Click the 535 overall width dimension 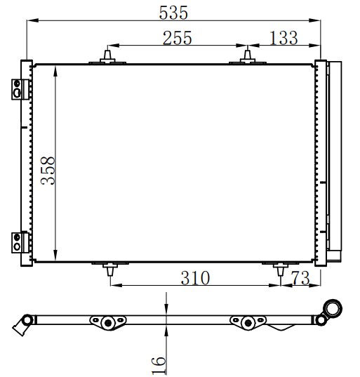click(x=173, y=13)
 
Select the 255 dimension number click(x=178, y=38)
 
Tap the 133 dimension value click(x=284, y=38)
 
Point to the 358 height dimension click(x=48, y=171)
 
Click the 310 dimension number click(x=195, y=278)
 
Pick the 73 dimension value click(x=300, y=278)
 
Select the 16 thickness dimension click(x=159, y=365)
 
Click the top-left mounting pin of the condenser click(x=107, y=57)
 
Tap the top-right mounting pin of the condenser click(x=248, y=57)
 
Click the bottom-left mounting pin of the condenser click(x=110, y=270)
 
